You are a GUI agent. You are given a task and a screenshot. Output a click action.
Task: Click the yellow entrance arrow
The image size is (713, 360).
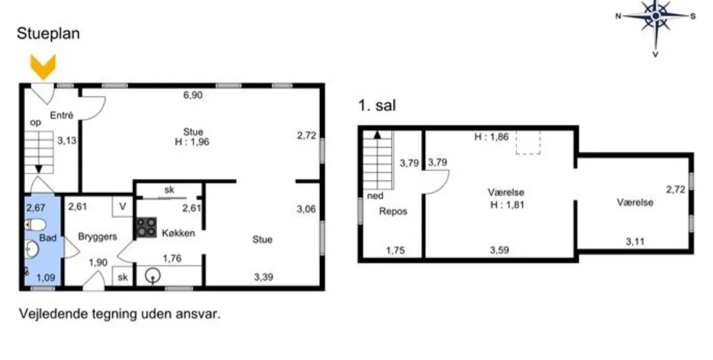[43, 67]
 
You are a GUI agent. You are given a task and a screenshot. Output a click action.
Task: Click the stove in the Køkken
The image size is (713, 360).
[147, 228]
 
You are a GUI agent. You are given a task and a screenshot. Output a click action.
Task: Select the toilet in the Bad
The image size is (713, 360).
[34, 225]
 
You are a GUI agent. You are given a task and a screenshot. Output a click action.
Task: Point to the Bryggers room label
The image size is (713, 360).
[97, 236]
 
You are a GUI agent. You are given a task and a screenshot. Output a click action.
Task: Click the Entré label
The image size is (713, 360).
[61, 116]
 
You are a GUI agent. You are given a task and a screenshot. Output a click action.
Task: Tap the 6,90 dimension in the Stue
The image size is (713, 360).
[193, 95]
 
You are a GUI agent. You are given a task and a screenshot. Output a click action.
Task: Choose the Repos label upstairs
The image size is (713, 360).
[393, 211]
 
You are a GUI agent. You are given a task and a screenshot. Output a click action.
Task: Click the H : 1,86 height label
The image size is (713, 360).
[491, 137]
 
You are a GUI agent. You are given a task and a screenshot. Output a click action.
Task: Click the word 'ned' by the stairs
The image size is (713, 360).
[375, 196]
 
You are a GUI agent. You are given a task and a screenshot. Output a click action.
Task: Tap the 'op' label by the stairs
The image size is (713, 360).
[35, 122]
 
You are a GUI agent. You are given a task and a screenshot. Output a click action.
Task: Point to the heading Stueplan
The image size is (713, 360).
[48, 34]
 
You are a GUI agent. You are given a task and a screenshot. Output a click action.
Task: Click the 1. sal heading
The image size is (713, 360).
[377, 106]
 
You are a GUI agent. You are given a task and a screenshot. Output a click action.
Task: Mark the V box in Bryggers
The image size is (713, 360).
[122, 206]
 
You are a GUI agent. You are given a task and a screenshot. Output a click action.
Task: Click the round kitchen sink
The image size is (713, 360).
[153, 275]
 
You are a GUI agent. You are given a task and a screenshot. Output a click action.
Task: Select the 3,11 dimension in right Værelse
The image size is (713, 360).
[635, 242]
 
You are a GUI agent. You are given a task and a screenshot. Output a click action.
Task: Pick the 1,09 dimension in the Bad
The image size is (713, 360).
[46, 277]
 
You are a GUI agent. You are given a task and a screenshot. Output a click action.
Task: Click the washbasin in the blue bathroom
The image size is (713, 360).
[32, 249]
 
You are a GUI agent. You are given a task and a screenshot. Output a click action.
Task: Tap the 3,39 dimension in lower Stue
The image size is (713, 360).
[263, 277]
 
